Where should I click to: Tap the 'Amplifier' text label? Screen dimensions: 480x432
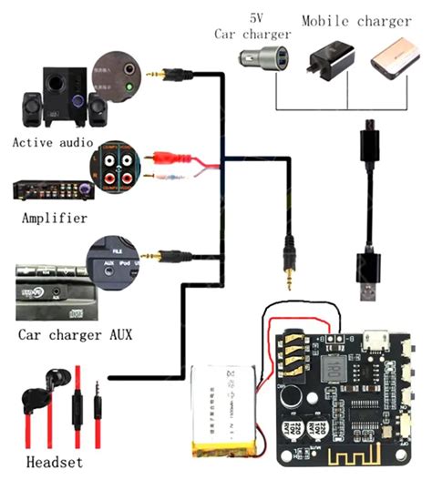[53, 219]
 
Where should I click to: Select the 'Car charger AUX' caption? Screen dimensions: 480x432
[74, 334]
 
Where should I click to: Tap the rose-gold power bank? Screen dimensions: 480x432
[393, 63]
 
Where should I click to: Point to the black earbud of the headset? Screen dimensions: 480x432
[36, 401]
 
